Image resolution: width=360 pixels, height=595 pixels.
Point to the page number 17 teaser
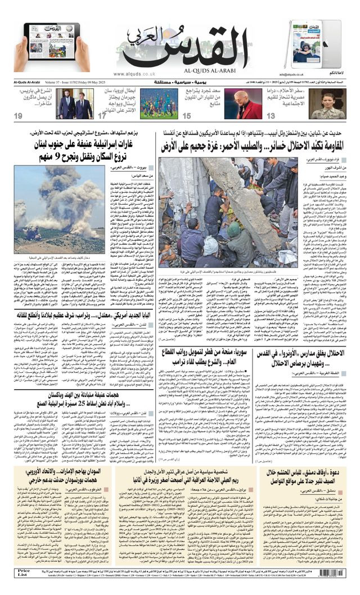pos(102,116)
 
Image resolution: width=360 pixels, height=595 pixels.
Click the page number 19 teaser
pos(19,116)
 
